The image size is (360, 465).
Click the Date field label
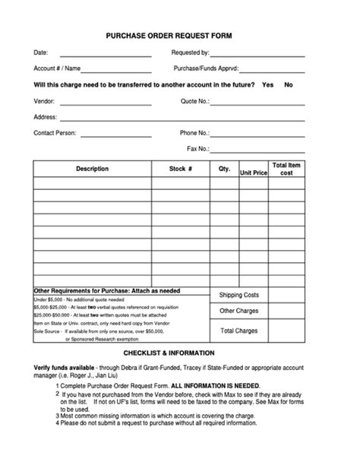click(x=41, y=52)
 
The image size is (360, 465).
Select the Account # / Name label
click(x=58, y=68)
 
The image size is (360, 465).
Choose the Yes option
click(x=267, y=84)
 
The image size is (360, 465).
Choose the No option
click(x=289, y=84)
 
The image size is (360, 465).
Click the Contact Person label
click(x=55, y=133)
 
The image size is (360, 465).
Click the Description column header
click(x=92, y=169)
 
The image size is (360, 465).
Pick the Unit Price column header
click(x=254, y=173)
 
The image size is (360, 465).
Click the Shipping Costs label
click(x=239, y=295)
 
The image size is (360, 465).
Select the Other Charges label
click(x=239, y=311)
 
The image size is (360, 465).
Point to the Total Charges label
click(x=239, y=331)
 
